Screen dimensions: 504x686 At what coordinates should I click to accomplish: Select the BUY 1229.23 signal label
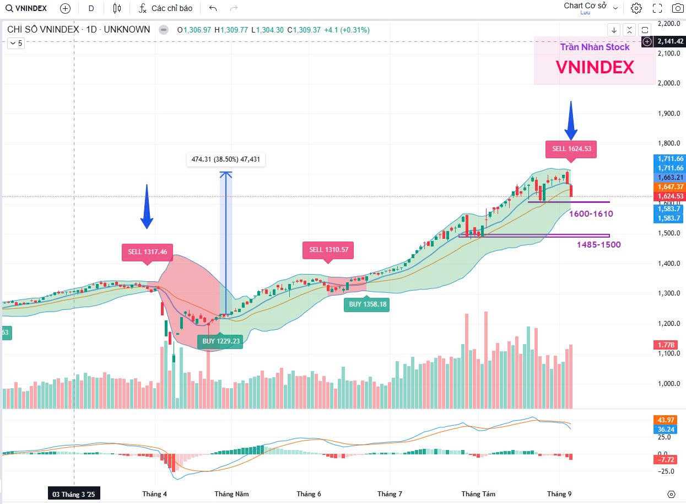(x=220, y=341)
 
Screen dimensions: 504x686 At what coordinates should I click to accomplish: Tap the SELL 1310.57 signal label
(x=328, y=250)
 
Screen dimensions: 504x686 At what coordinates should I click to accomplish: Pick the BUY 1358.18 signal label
(x=368, y=304)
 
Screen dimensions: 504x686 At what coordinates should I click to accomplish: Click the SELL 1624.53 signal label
(x=571, y=149)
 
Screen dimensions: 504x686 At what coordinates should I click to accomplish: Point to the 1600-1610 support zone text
(x=591, y=214)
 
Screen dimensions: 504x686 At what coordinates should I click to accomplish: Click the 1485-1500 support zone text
(x=598, y=244)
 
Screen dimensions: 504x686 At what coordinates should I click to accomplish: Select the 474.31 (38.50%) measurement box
(x=226, y=160)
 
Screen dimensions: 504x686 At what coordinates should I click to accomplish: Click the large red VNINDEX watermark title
(x=595, y=67)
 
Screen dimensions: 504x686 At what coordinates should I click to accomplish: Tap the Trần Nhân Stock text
(x=595, y=47)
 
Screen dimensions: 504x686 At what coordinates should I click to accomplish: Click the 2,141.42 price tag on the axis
(x=670, y=41)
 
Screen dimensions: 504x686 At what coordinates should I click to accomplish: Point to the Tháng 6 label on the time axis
(x=309, y=494)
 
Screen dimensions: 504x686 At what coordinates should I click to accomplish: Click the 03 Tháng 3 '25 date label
(x=74, y=494)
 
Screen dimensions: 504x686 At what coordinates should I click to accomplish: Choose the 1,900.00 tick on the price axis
(x=669, y=114)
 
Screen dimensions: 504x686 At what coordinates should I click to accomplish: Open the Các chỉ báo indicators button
(x=166, y=8)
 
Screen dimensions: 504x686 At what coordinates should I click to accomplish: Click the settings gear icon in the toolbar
(x=636, y=8)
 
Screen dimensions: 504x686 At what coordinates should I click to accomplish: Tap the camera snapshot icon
(x=678, y=8)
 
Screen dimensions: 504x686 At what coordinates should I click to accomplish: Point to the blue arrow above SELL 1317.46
(x=147, y=207)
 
